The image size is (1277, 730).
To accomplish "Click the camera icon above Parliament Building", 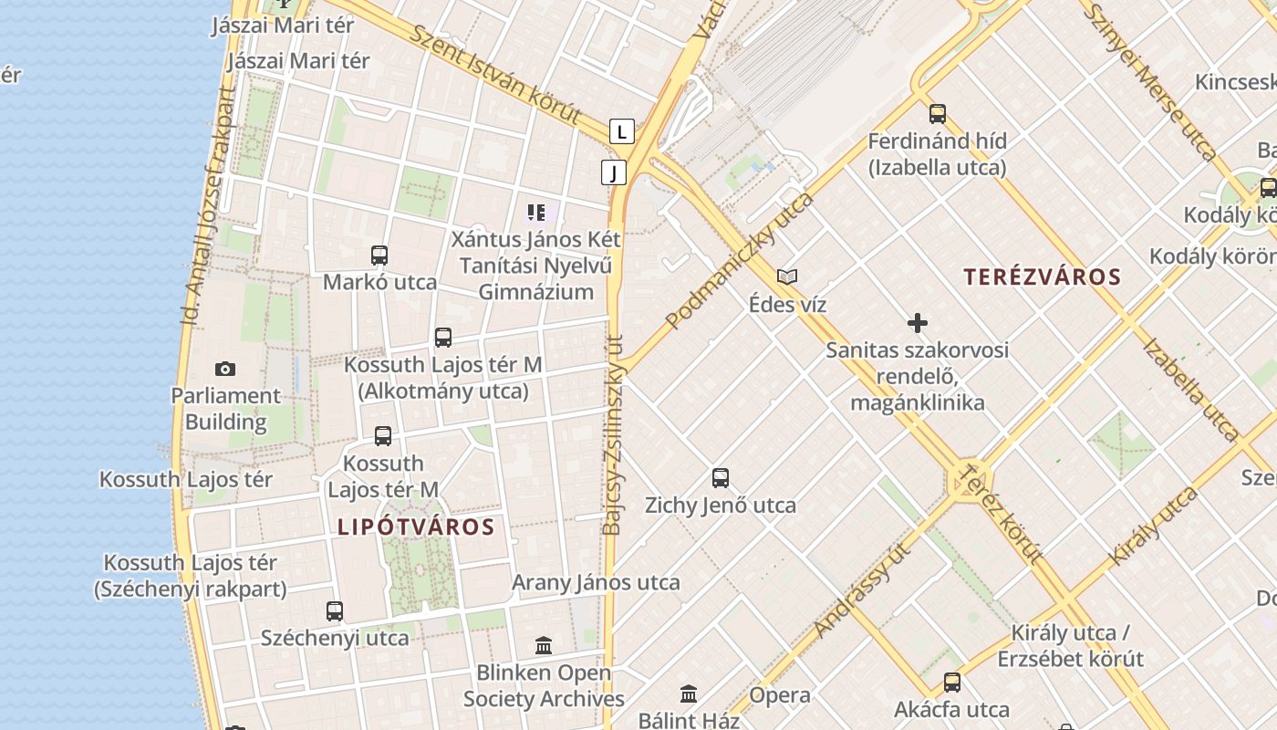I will [x=225, y=369].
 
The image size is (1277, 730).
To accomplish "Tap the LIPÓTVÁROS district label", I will [x=416, y=527].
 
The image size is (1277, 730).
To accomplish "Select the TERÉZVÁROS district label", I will [x=1042, y=276].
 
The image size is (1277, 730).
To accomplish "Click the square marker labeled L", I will [x=621, y=131].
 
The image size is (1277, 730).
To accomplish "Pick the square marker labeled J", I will [x=614, y=172].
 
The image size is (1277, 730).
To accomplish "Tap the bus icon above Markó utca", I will [x=379, y=255].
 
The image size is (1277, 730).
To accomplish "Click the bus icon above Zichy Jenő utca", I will [x=721, y=477].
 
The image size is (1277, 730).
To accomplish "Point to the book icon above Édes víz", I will [x=786, y=276].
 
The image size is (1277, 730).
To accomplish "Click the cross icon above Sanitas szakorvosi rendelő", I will [x=918, y=323].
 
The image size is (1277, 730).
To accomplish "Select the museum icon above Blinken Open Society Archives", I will [x=544, y=646].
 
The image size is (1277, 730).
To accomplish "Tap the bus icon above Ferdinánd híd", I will [x=938, y=114].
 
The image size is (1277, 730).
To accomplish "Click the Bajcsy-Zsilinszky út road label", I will [x=613, y=433].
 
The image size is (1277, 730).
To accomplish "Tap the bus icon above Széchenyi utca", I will [x=335, y=611].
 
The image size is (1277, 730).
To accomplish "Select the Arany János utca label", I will [x=596, y=582].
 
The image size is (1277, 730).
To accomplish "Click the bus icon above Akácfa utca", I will [x=952, y=682].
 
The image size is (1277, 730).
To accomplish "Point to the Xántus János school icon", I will [x=536, y=214].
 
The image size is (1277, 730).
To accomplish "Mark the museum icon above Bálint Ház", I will [x=690, y=693].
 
